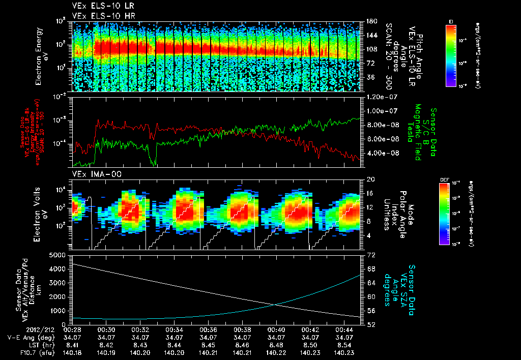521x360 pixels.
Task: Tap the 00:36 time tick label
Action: click(x=209, y=329)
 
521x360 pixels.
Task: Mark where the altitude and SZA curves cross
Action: click(x=275, y=305)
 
